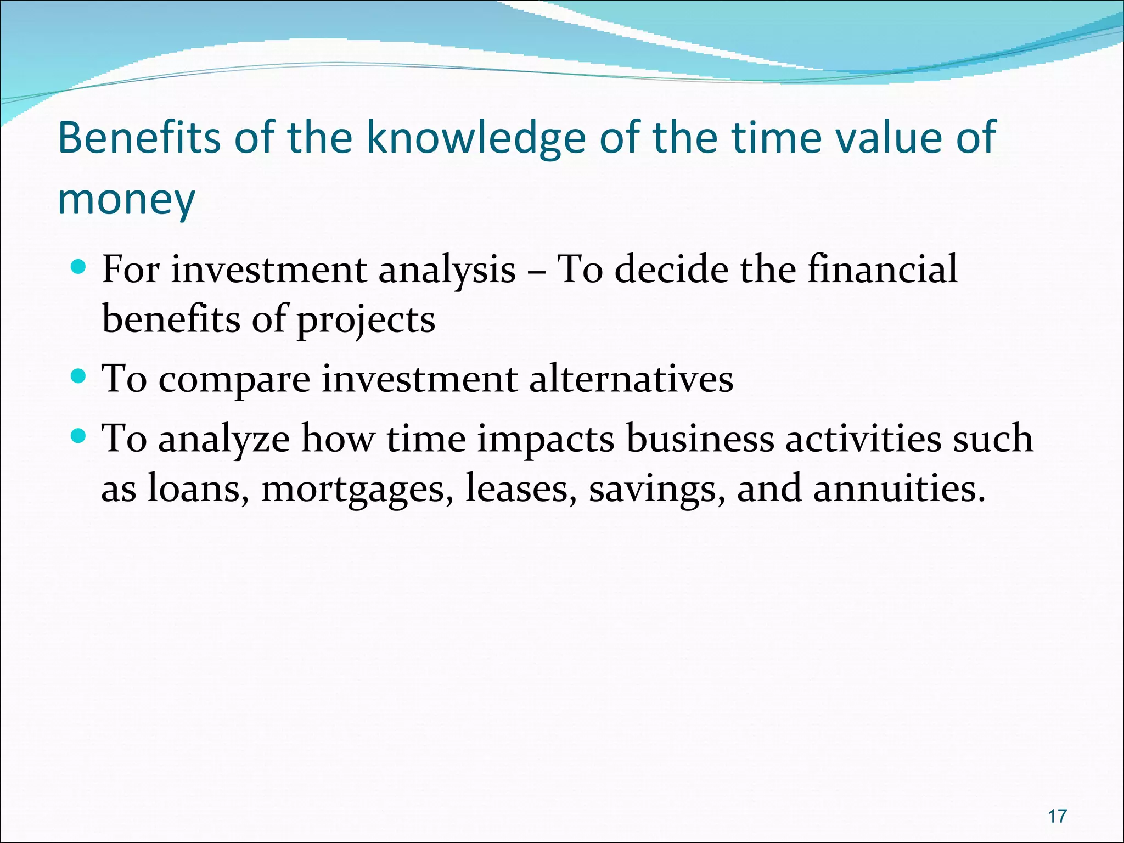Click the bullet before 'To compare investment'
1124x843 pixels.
click(x=78, y=377)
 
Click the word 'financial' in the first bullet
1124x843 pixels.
click(x=882, y=269)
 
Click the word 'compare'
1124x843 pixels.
click(x=234, y=380)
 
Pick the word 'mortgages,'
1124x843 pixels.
click(x=357, y=488)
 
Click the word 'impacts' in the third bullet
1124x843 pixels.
click(x=546, y=440)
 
